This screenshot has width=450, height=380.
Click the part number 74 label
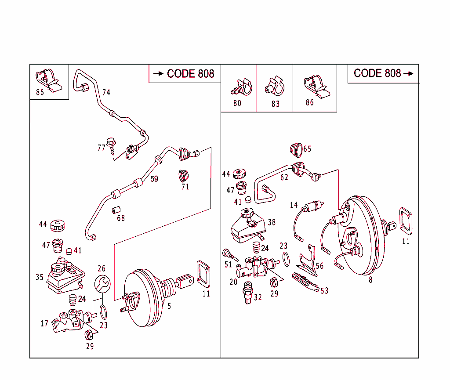(106, 92)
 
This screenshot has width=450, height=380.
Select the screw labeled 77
(112, 145)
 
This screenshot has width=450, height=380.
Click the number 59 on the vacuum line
(154, 179)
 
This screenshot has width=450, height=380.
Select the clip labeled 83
(275, 87)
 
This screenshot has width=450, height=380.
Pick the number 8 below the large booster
(370, 280)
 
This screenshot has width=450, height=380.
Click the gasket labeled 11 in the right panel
(405, 221)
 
